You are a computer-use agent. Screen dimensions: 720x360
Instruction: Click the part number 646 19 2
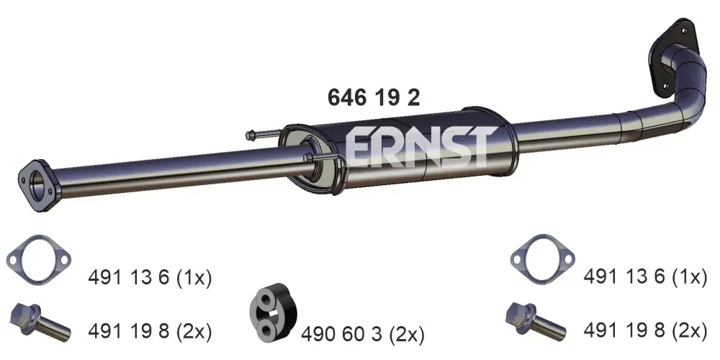tap(373, 98)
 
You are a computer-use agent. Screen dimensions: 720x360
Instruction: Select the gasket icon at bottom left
tap(39, 260)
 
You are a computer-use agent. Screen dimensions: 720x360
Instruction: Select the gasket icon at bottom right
tap(542, 259)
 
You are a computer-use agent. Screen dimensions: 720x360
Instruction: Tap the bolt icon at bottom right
tap(536, 320)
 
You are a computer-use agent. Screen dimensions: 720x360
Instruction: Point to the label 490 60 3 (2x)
tap(363, 335)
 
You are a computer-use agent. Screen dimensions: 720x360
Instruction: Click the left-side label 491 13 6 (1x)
tap(150, 277)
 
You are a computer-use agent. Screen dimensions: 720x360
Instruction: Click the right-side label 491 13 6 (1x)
tap(645, 277)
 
